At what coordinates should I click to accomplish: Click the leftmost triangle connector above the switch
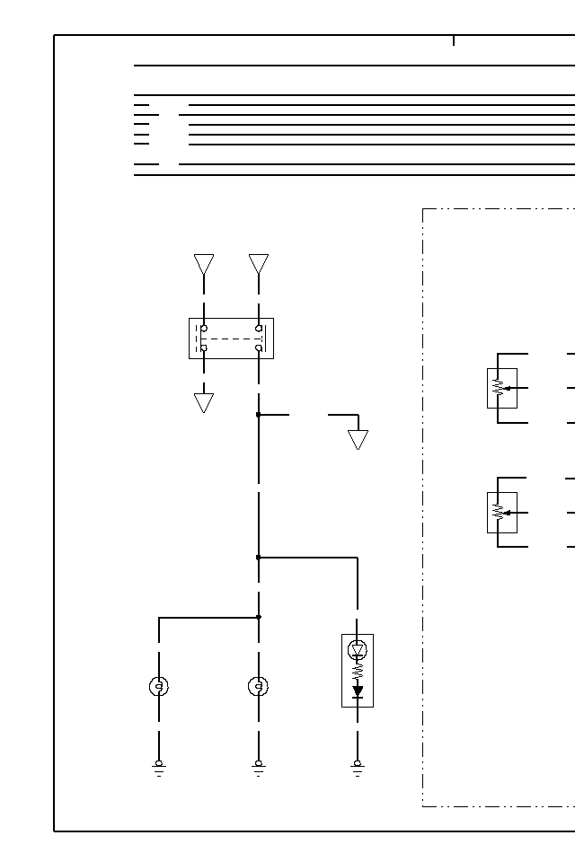(x=204, y=264)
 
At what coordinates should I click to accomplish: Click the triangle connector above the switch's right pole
(x=259, y=264)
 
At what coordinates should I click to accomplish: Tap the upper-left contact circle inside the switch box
(x=204, y=329)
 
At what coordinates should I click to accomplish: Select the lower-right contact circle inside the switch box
(x=259, y=347)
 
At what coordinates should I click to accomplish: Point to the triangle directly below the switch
(x=204, y=402)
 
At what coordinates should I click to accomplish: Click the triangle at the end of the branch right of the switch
(x=358, y=439)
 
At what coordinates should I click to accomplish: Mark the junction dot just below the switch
(x=259, y=415)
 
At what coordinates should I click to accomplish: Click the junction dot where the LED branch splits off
(x=259, y=558)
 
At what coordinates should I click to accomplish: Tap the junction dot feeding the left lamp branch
(x=259, y=617)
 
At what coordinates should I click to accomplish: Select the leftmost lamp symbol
(x=159, y=687)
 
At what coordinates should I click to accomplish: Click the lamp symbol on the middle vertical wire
(x=259, y=687)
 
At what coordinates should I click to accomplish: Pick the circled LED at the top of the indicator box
(x=358, y=649)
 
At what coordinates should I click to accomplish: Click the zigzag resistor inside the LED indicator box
(x=358, y=671)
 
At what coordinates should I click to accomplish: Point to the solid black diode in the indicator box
(x=358, y=691)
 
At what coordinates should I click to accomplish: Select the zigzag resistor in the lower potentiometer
(x=498, y=512)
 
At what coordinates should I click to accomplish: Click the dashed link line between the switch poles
(x=231, y=339)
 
